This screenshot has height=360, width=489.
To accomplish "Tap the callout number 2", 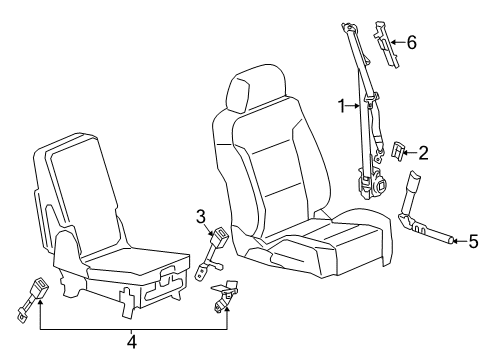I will [423, 153].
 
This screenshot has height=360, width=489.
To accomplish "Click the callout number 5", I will [474, 268].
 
